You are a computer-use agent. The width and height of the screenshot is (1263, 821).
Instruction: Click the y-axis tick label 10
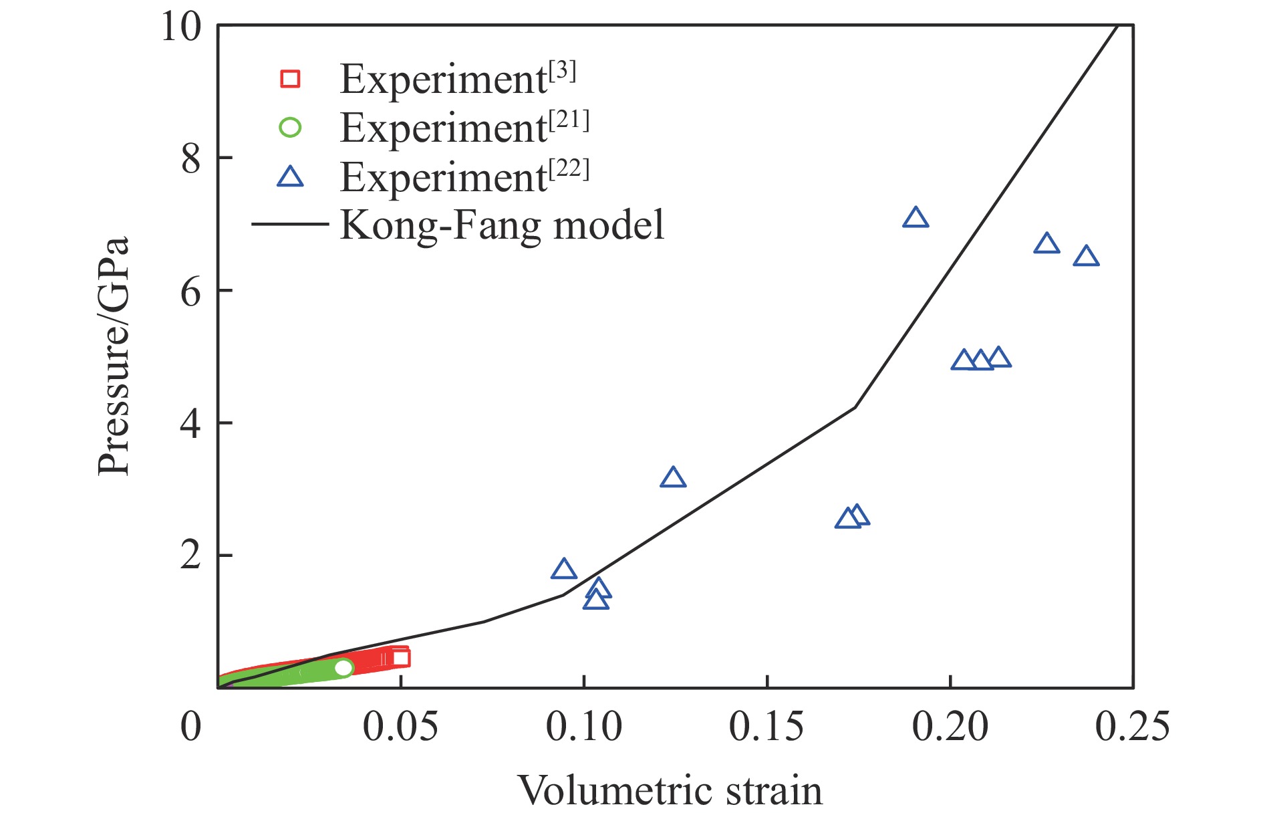coord(181,28)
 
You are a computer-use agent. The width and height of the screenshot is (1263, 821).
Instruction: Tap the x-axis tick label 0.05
coord(400,727)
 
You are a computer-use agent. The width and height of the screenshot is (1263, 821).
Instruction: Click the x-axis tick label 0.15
coord(766,727)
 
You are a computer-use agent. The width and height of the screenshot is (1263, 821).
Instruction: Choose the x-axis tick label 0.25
coord(1132,727)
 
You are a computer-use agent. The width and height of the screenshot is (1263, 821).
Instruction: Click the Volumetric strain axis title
coord(670,792)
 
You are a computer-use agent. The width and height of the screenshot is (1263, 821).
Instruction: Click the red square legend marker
coord(290,79)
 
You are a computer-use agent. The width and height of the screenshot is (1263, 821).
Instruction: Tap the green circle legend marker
coord(290,127)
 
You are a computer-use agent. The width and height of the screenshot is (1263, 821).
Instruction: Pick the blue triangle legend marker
coord(290,177)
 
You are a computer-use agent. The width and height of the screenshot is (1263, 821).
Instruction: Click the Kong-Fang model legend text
coord(503,225)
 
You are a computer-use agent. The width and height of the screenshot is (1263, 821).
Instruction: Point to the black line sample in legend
coord(290,224)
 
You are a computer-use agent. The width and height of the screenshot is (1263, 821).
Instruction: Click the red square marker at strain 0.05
coord(400,658)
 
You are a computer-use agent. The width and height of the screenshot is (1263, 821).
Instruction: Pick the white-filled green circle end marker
coord(343,667)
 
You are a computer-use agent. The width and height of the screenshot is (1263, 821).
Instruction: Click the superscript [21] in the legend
coord(569,120)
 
